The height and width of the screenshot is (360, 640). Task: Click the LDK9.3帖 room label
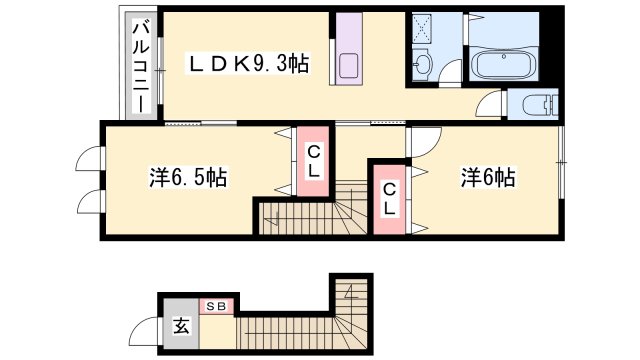[250, 64]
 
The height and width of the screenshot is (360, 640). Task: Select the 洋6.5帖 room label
[188, 178]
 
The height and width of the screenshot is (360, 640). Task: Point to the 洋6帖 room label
[488, 178]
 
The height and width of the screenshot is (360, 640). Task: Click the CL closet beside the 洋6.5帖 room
[313, 162]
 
